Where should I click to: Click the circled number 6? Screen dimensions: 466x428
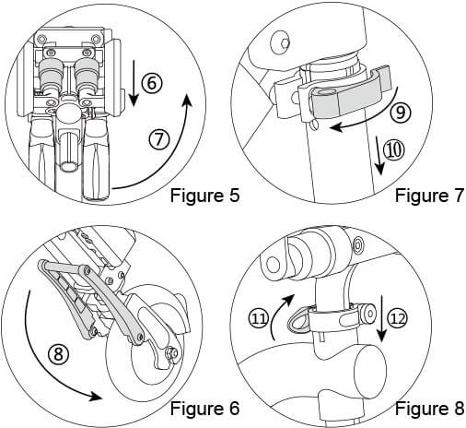point(152,83)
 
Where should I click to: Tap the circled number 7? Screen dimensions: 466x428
point(159,140)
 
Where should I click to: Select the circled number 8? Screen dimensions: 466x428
point(58,354)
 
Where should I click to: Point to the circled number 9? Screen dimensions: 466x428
point(401,113)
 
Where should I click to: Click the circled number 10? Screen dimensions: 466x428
point(394,149)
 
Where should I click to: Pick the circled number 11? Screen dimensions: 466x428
point(259,318)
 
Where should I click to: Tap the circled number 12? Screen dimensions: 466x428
point(397,318)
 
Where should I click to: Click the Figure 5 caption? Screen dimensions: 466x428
point(204,195)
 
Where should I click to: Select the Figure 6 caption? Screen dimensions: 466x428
point(204,409)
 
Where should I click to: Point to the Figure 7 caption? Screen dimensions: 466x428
point(429,195)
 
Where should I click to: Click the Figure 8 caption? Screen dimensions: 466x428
point(429,409)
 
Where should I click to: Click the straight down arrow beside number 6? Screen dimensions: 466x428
point(134,83)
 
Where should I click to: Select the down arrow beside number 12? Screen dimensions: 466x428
point(381,318)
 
